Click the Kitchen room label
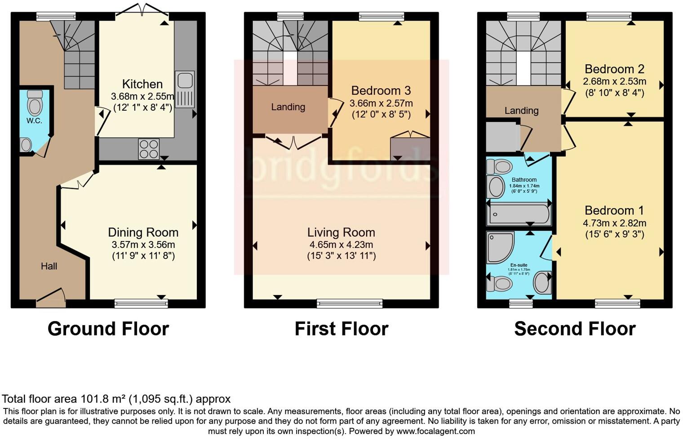142,84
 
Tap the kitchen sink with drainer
185,90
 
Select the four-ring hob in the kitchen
149,149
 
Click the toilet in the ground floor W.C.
35,103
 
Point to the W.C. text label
34,121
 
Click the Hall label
49,266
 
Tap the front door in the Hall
50,297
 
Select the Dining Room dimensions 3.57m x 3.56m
143,245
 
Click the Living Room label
341,233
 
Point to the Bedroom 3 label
381,91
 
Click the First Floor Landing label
288,107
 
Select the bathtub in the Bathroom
519,214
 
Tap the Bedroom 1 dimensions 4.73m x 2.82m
614,223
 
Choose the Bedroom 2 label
614,69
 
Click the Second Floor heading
574,329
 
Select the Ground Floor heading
108,329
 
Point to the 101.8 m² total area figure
103,399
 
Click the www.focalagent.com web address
435,431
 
